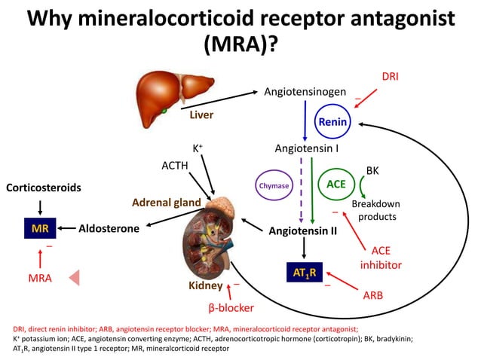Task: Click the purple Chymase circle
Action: [274, 185]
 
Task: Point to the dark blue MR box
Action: [38, 228]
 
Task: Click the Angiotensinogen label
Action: [305, 91]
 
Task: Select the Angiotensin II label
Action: [302, 230]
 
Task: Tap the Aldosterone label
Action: [109, 228]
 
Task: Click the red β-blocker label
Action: [231, 307]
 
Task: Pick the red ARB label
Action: [372, 296]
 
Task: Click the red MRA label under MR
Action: [38, 278]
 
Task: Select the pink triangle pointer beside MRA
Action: [75, 278]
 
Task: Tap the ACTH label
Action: [174, 164]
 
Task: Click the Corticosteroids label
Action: [44, 186]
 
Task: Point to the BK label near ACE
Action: [372, 171]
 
